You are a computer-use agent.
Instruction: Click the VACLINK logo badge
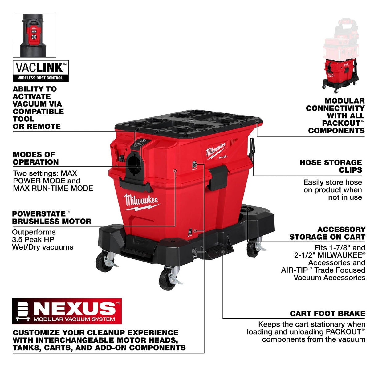[x=40, y=71]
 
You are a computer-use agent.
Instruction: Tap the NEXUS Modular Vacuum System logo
[x=67, y=311]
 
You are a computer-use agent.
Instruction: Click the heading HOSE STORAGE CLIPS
[x=331, y=166]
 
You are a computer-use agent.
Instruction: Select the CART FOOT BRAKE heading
[x=327, y=313]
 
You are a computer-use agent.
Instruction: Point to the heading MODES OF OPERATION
[x=35, y=158]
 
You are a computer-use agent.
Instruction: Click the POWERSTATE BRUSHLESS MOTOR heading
[x=51, y=217]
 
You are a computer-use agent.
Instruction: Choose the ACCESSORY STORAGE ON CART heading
[x=327, y=233]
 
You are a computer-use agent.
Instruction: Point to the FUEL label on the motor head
[x=223, y=157]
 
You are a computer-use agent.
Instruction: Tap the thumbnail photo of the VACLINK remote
[x=34, y=35]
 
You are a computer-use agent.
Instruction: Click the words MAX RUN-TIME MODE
[x=53, y=188]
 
